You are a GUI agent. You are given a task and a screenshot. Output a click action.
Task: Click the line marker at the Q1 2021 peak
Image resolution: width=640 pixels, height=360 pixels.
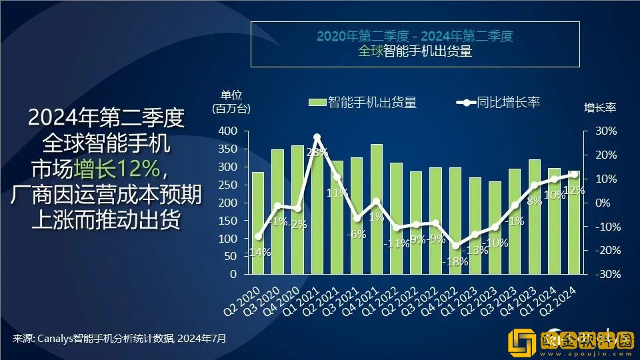tap(317, 137)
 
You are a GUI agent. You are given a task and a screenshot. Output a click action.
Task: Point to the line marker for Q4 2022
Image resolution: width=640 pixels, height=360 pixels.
tap(455, 246)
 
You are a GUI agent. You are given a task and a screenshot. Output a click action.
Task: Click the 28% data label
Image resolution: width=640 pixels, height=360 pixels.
tap(317, 152)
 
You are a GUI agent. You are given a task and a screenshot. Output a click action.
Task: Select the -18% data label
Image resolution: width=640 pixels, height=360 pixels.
tap(455, 261)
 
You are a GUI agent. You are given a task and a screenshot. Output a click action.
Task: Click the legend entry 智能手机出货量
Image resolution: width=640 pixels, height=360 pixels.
tap(363, 102)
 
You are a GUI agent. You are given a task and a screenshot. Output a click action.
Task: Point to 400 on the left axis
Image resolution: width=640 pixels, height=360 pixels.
tap(227, 131)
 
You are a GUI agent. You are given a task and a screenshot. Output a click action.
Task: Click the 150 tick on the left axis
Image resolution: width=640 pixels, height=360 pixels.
tap(227, 220)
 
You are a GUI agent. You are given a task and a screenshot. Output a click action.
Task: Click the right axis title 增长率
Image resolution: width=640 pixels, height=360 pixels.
tap(599, 107)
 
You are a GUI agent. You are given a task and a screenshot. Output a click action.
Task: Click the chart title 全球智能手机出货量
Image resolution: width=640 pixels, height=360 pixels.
tap(415, 51)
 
